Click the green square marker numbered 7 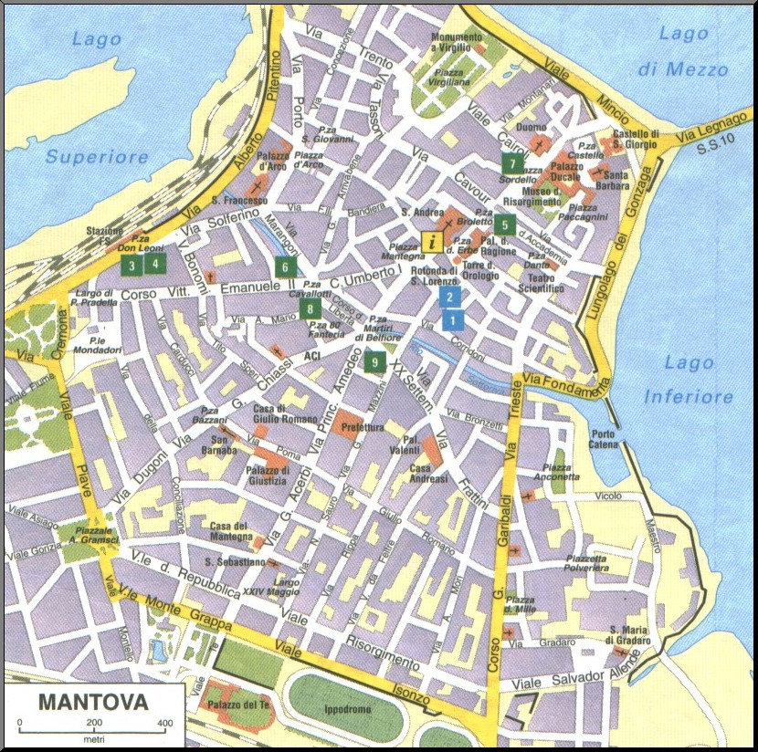pos(512,164)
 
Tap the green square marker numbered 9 pos(374,362)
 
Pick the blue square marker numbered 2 pos(447,297)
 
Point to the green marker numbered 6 pos(284,267)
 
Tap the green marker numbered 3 pos(132,266)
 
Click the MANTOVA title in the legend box pos(93,704)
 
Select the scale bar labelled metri pos(91,725)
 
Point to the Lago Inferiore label pos(689,380)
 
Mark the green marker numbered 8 pos(311,309)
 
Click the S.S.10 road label pos(709,150)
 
